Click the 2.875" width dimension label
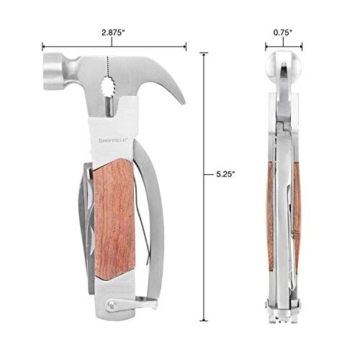(112, 32)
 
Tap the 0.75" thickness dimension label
(283, 32)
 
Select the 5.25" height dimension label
(225, 174)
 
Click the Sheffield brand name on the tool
(113, 140)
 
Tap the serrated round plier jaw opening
(109, 86)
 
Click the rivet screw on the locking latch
(111, 305)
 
